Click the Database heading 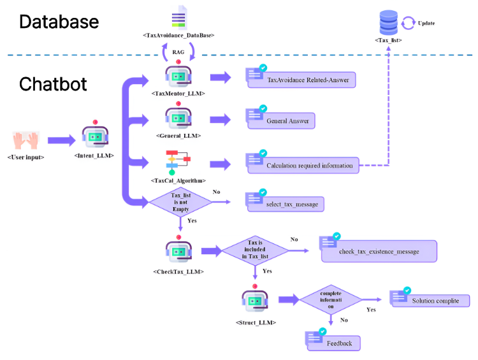(x=59, y=22)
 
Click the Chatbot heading (x=52, y=84)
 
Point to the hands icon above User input (x=25, y=140)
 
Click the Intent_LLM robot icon (x=94, y=136)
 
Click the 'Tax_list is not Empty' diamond (x=180, y=202)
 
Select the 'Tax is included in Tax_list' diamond (x=255, y=250)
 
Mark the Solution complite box (x=433, y=301)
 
